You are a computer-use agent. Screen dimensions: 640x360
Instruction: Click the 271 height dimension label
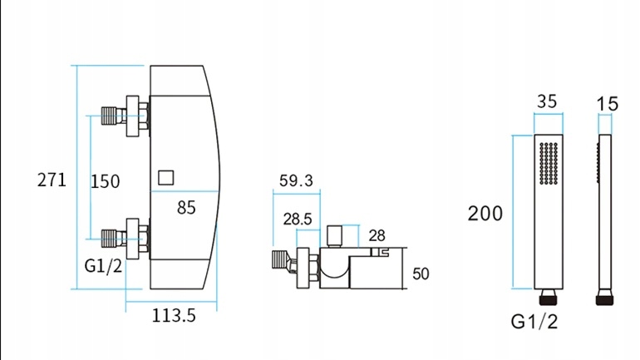(52, 180)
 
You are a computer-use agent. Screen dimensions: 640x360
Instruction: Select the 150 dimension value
(106, 181)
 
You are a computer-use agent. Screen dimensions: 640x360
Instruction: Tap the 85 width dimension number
(186, 208)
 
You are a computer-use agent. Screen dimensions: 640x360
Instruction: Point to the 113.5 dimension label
(174, 315)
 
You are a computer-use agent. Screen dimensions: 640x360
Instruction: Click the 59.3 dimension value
(296, 180)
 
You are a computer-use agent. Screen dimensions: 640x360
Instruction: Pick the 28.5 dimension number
(298, 219)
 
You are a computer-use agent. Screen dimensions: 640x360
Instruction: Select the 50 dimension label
(421, 274)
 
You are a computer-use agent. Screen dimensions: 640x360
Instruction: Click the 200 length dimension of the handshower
(485, 214)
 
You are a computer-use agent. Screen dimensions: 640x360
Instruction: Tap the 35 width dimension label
(547, 101)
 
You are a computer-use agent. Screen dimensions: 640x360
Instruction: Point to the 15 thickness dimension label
(608, 104)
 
